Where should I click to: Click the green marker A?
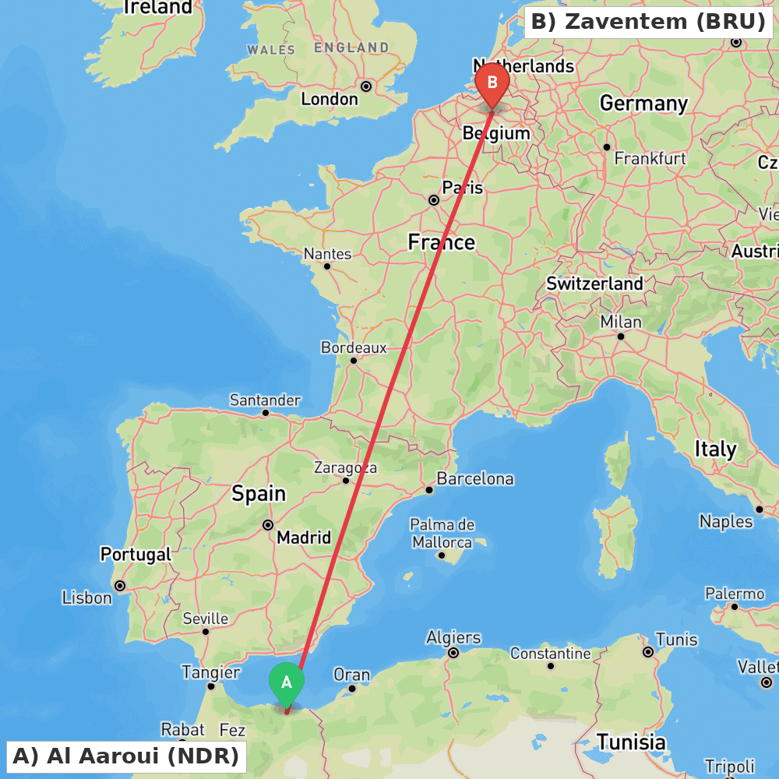click(x=287, y=683)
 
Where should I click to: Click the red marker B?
click(x=492, y=83)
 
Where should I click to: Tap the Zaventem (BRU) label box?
click(x=648, y=22)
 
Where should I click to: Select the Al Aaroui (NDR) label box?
click(x=125, y=756)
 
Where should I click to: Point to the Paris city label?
click(x=463, y=188)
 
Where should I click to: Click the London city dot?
click(x=365, y=86)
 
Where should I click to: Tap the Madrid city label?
click(x=304, y=537)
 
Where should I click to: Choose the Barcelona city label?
click(x=474, y=478)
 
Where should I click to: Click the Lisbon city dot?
click(x=120, y=586)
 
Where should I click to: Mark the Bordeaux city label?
click(x=354, y=347)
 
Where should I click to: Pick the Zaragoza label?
click(x=345, y=467)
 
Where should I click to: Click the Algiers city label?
click(x=453, y=638)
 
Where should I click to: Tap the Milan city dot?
click(x=621, y=337)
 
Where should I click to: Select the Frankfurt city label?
click(x=650, y=158)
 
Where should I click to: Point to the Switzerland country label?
click(x=594, y=284)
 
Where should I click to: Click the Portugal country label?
click(x=136, y=554)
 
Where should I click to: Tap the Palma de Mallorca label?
click(x=442, y=533)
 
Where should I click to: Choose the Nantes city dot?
click(x=327, y=266)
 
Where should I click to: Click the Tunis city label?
click(x=676, y=640)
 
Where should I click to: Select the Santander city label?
click(x=265, y=400)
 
